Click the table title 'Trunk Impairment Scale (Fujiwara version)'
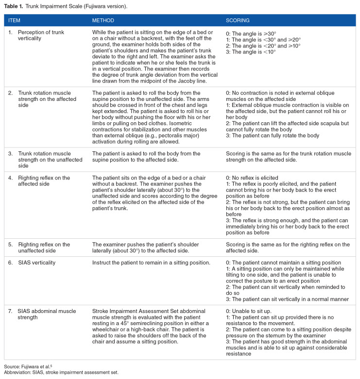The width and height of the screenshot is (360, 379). (x=73, y=5)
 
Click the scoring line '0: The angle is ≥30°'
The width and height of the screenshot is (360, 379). (x=251, y=33)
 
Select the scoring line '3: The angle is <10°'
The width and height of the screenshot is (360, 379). (x=251, y=52)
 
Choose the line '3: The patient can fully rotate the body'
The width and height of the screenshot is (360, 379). (x=273, y=135)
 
